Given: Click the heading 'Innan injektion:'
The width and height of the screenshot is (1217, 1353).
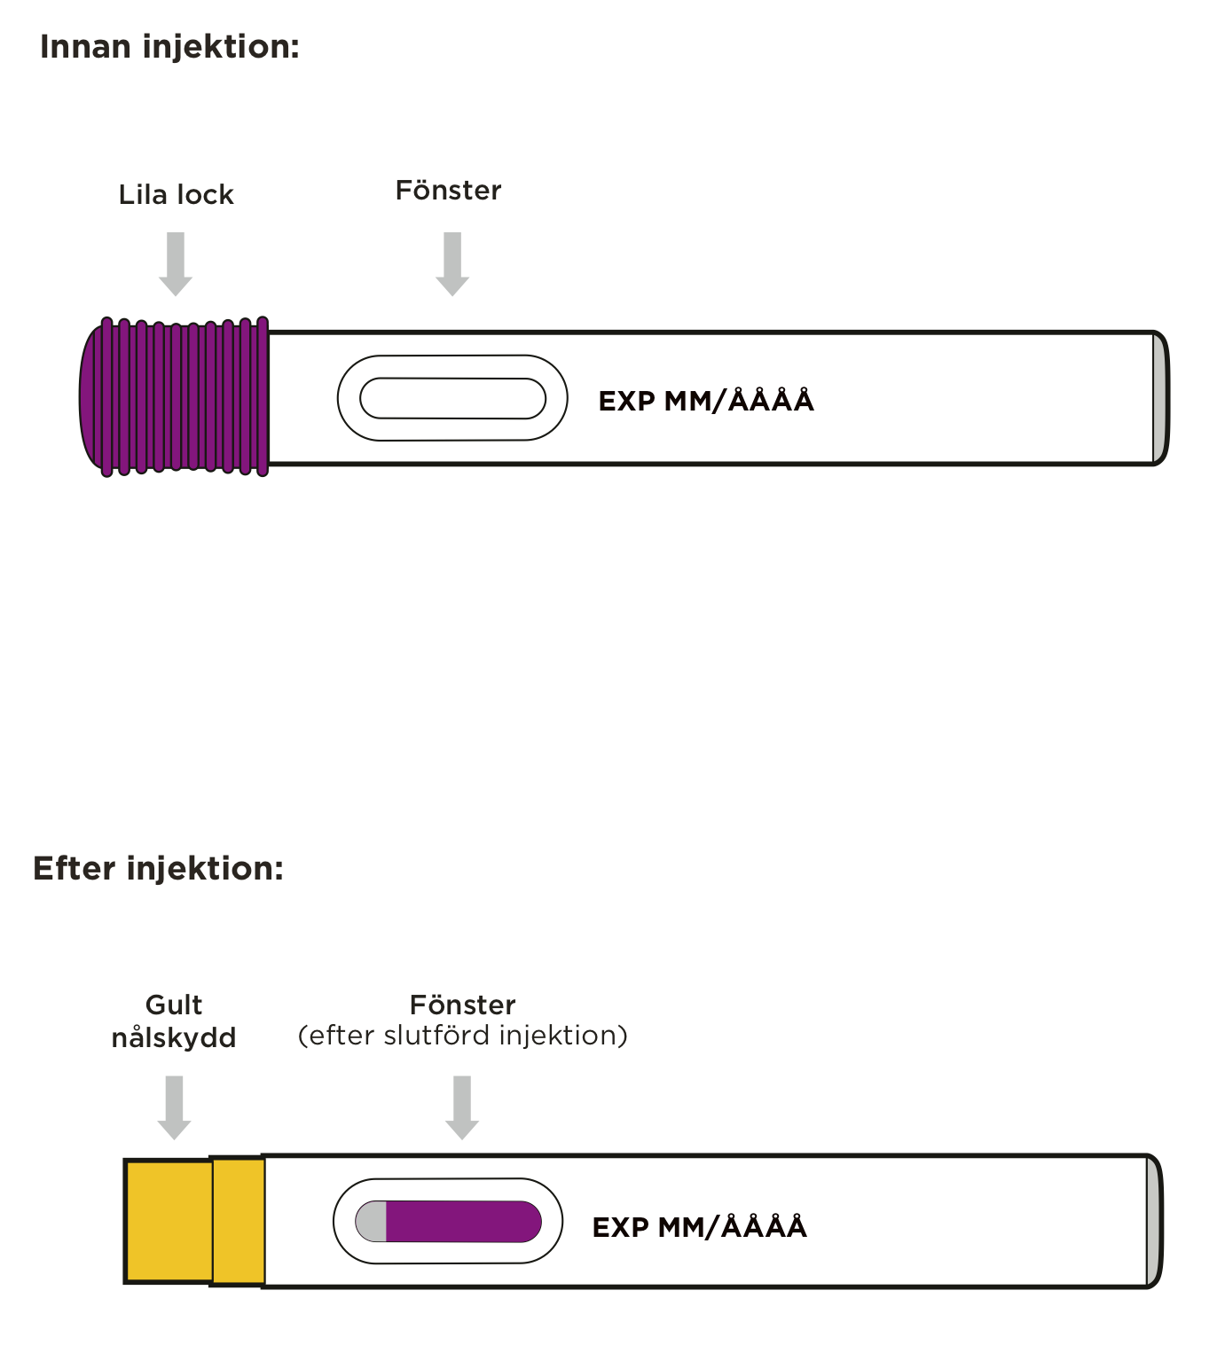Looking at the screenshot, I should tap(169, 47).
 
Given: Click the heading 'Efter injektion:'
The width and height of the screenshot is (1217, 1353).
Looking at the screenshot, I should tap(158, 868).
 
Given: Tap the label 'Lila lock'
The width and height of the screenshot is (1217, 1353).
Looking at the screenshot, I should tap(176, 195).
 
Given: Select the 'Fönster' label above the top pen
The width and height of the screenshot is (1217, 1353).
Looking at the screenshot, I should tap(448, 191).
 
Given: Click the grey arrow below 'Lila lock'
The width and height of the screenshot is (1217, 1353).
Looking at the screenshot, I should tap(176, 263).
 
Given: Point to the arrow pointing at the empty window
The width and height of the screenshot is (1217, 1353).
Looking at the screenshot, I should tap(452, 263).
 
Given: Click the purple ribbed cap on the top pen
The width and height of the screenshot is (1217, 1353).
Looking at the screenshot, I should tap(175, 397).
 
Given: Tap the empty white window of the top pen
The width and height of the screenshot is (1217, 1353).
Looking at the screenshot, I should tap(452, 398).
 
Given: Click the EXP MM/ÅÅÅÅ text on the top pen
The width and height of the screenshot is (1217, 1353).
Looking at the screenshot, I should tap(706, 401).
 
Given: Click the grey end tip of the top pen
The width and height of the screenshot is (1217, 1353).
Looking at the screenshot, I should tap(1159, 398).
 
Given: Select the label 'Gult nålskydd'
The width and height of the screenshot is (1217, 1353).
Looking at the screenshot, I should tap(174, 1021).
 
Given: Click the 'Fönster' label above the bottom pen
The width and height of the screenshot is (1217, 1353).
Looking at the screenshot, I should tap(462, 1005).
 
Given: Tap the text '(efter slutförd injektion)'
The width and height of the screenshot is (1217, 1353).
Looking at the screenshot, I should tap(462, 1036).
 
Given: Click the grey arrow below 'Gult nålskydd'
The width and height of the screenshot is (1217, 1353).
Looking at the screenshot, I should tap(175, 1107).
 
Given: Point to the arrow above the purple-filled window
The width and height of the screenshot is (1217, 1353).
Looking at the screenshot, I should tap(462, 1107).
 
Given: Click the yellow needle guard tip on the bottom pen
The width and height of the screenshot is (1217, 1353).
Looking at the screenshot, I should tap(169, 1221).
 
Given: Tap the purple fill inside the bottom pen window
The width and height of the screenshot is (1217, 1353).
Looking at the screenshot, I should tap(463, 1222).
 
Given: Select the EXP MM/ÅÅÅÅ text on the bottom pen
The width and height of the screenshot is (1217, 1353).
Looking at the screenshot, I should tap(699, 1227).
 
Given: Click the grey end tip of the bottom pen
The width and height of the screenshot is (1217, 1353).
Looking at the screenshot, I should tap(1153, 1222).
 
